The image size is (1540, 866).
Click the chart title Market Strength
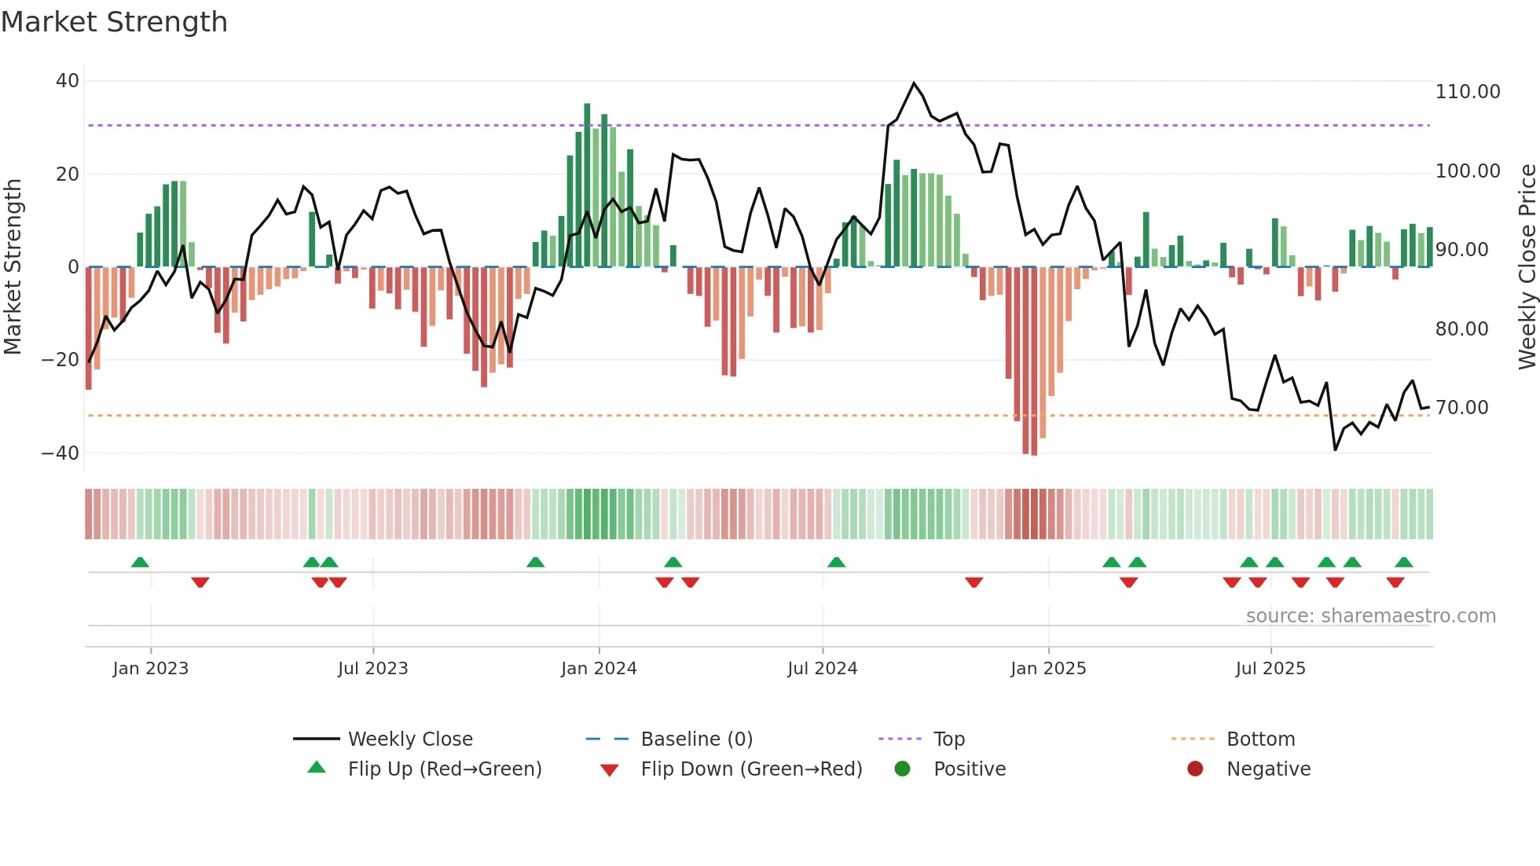point(114,22)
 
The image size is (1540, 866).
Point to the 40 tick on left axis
point(68,81)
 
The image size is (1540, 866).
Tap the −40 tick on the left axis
point(60,453)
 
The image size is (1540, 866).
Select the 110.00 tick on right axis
point(1467,92)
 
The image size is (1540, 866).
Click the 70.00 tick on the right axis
point(1461,408)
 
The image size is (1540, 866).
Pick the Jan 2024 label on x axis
point(599,669)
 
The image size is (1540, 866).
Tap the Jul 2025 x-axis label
point(1270,669)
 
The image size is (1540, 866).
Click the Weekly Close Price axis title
point(1527,266)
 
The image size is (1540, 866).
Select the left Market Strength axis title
point(13,266)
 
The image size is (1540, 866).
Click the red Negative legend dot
point(1195,769)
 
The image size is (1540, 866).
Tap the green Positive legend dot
point(902,769)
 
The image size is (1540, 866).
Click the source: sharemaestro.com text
point(1370,616)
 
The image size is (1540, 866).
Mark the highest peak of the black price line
point(914,83)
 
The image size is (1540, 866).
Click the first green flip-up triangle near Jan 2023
point(140,563)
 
